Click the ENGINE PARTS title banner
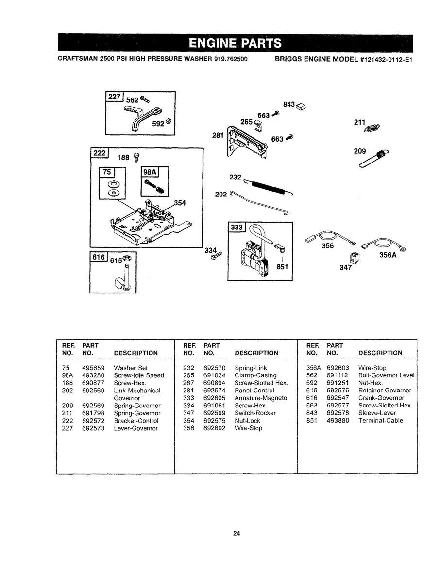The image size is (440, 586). pos(235,43)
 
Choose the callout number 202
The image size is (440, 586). pos(220,194)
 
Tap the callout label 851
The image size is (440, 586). pos(283,266)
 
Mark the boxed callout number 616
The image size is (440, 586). pos(99,258)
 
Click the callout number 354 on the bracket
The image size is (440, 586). pos(179,203)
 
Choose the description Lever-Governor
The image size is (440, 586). pos(135,428)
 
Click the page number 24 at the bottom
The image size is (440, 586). pos(237,534)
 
